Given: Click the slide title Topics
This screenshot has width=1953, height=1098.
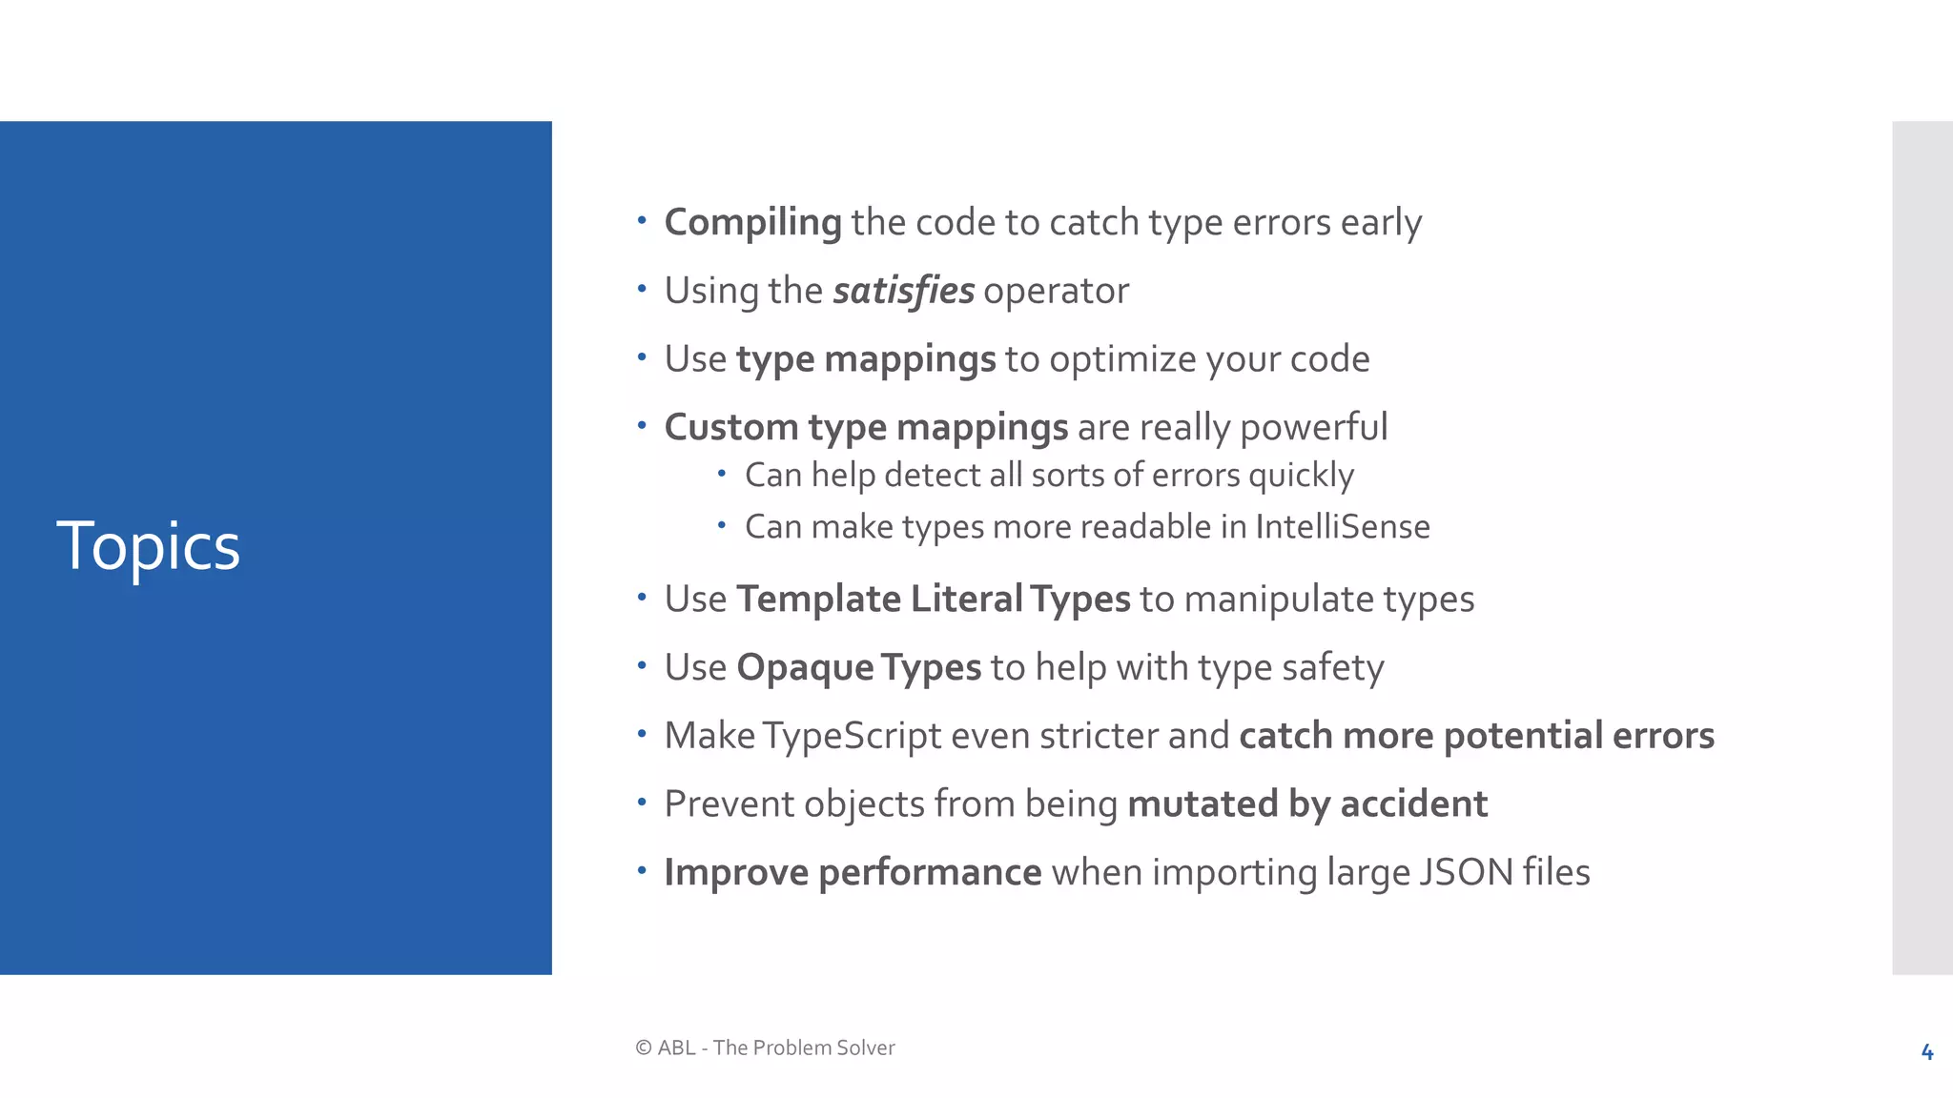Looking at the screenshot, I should [x=148, y=547].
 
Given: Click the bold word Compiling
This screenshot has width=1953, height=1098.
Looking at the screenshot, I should [x=752, y=223].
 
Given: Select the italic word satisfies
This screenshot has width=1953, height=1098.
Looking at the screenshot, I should [x=903, y=291].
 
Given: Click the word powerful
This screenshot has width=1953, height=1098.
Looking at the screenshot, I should [x=1313, y=428].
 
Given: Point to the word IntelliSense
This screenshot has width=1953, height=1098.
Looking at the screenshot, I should [x=1342, y=527].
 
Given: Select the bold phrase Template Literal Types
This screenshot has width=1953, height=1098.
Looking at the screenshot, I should [x=933, y=600].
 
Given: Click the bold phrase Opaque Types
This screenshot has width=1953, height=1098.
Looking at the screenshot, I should [x=858, y=668].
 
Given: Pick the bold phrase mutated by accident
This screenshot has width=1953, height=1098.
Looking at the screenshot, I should [x=1306, y=804].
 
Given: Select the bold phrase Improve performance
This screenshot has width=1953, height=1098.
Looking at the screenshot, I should [x=853, y=873].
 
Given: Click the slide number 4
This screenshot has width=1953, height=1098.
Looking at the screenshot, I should [x=1926, y=1052].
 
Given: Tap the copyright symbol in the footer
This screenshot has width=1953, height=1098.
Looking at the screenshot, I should [x=644, y=1048].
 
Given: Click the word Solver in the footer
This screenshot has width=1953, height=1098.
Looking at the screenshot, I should [x=865, y=1048].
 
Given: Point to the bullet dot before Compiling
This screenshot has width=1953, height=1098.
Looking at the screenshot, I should [x=643, y=221].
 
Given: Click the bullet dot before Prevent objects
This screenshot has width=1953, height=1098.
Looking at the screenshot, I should [x=643, y=803].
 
